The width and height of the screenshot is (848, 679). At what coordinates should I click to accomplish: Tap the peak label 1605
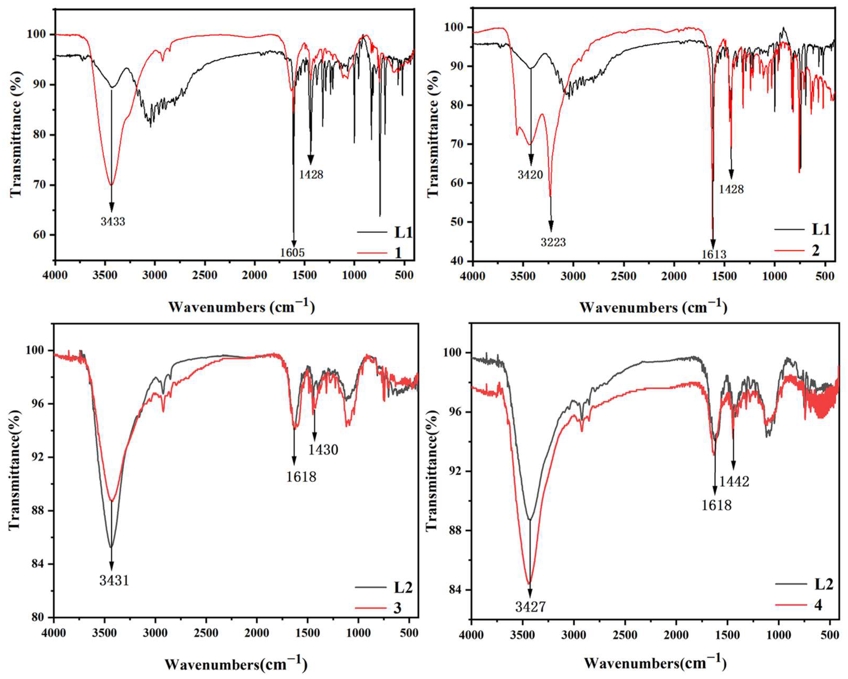292,252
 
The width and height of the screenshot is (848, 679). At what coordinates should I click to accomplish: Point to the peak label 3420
530,175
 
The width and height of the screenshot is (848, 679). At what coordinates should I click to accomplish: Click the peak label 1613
714,254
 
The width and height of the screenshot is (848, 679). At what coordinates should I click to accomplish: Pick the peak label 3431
114,580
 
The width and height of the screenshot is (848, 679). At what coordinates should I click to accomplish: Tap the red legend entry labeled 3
397,608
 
